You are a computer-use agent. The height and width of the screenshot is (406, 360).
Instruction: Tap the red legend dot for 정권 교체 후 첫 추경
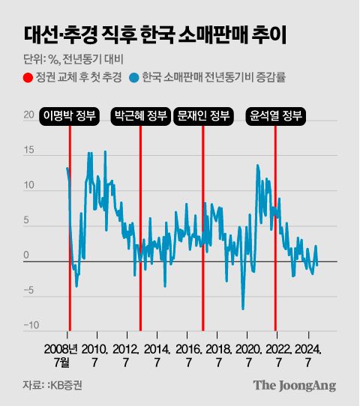[28, 77]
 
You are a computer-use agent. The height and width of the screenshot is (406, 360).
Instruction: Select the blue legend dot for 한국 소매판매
[134, 77]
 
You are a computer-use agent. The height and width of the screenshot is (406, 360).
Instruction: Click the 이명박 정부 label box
[70, 116]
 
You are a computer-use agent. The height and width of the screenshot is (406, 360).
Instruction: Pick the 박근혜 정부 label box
[140, 116]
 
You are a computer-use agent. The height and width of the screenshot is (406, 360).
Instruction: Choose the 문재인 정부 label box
[202, 116]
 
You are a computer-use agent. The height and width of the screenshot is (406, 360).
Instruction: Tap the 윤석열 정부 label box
[275, 116]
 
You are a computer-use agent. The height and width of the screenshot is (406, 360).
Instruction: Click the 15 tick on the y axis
[29, 151]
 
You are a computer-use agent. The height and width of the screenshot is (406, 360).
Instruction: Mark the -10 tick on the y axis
[31, 325]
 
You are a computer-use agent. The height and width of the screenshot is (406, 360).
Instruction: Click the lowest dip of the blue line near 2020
[243, 308]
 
